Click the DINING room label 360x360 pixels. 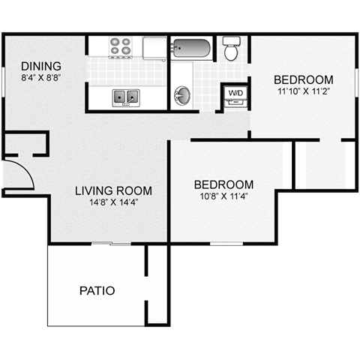click(41, 66)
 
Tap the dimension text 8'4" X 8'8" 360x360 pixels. click(41, 78)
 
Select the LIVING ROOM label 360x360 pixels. click(113, 190)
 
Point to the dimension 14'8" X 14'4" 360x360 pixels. click(114, 202)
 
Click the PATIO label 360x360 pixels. click(97, 290)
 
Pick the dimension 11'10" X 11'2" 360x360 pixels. click(304, 91)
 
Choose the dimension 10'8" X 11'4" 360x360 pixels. click(224, 196)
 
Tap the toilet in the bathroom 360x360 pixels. click(232, 49)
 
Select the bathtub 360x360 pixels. click(191, 48)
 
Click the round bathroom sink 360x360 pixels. click(182, 96)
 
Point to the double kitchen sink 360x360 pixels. click(126, 97)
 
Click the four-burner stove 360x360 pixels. click(120, 47)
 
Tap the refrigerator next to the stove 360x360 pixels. click(154, 48)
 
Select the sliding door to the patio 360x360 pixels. click(111, 243)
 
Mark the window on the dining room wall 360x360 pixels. click(3, 82)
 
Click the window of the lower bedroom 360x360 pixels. click(226, 244)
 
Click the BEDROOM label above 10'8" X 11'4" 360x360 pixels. click(224, 184)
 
